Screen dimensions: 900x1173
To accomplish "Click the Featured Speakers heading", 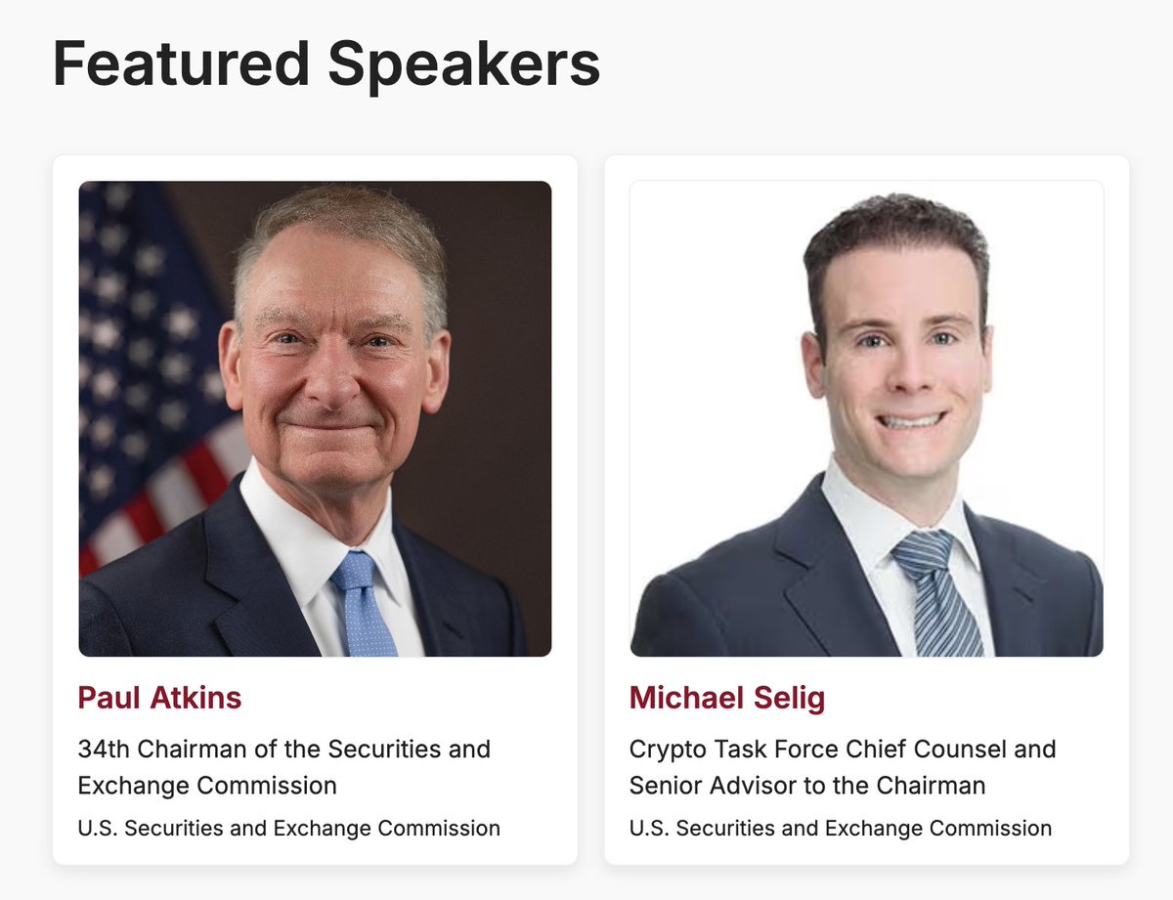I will click(326, 64).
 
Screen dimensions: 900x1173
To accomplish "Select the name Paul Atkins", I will click(159, 698).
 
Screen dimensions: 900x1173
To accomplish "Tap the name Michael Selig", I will click(727, 698).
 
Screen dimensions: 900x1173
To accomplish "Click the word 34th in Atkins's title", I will click(103, 750).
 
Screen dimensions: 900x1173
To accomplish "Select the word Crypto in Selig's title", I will click(663, 750).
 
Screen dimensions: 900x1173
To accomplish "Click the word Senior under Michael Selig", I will click(663, 786).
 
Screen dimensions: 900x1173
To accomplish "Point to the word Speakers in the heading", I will click(463, 64).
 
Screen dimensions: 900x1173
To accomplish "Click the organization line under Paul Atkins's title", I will click(288, 829).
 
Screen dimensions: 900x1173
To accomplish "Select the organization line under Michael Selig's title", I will click(841, 829).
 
